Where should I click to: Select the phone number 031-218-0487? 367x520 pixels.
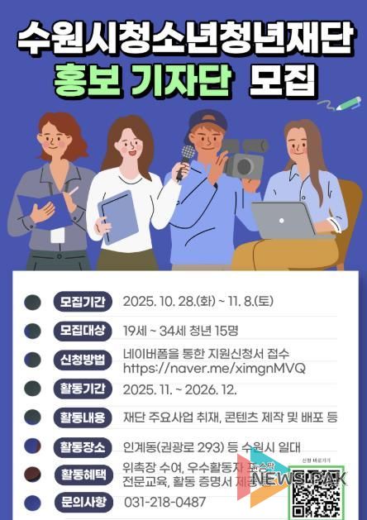(165, 502)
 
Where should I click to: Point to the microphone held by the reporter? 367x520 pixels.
(187, 155)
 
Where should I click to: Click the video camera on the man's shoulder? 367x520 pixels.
(242, 158)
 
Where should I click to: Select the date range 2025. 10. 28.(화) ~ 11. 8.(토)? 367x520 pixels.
(209, 301)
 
